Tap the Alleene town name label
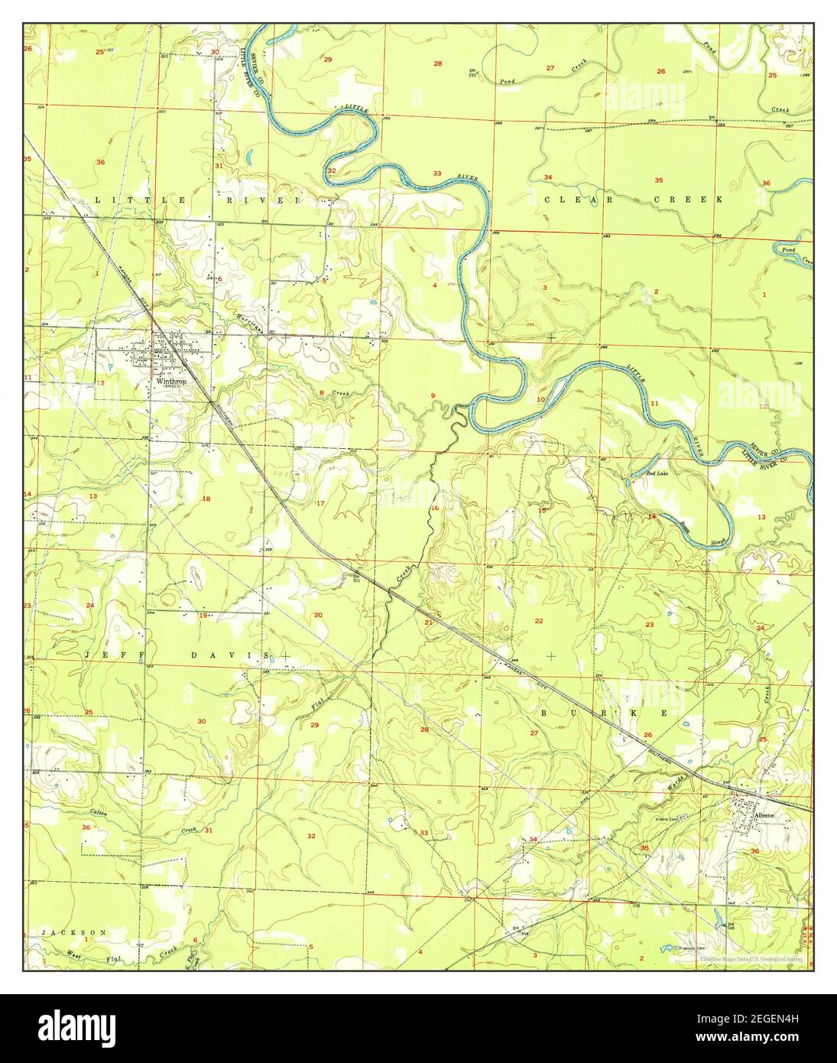click(x=765, y=816)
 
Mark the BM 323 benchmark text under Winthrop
click(x=170, y=388)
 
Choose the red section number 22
click(x=539, y=621)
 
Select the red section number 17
click(x=320, y=502)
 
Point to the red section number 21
click(x=429, y=623)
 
